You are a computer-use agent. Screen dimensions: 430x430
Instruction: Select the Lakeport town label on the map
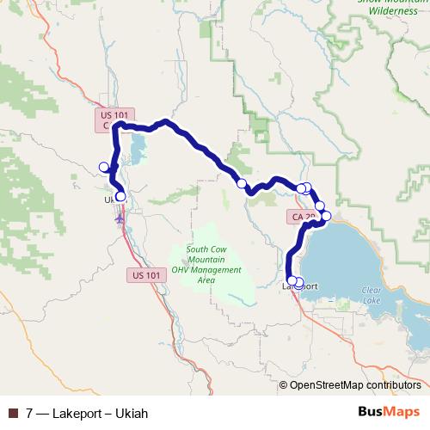pyautogui.click(x=302, y=286)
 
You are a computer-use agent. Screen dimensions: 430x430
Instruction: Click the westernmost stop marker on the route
pyautogui.click(x=104, y=167)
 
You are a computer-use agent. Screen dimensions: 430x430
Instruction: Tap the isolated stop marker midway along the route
pyautogui.click(x=243, y=183)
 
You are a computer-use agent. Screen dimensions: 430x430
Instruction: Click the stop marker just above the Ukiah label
pyautogui.click(x=120, y=196)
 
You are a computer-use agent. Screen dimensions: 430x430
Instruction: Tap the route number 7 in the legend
pyautogui.click(x=30, y=412)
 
